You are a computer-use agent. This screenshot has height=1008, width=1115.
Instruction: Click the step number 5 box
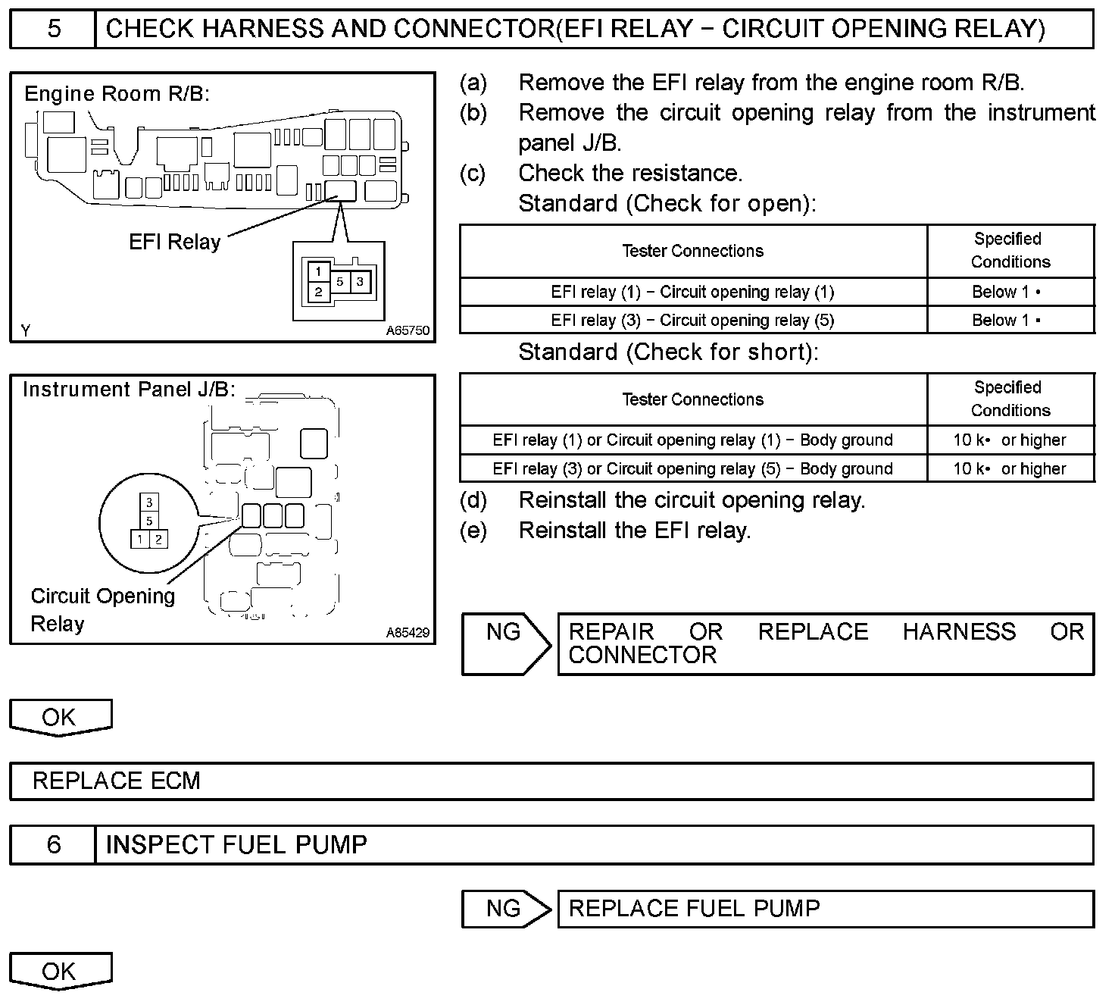[53, 29]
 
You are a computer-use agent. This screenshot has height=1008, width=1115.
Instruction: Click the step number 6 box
[53, 844]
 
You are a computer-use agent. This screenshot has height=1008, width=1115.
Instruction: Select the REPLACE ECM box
[551, 781]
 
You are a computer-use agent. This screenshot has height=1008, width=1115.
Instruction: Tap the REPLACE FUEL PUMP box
[826, 909]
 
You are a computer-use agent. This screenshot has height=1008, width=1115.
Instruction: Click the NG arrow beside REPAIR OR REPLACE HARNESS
[506, 643]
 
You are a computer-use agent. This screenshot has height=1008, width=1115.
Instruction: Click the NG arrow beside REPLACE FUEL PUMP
[506, 909]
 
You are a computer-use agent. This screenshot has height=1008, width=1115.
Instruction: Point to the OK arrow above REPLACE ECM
[60, 717]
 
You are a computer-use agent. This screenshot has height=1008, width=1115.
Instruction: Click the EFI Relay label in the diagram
[174, 243]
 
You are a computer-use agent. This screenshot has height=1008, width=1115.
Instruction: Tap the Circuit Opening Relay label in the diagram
[102, 609]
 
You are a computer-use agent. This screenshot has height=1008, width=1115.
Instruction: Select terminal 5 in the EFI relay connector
[340, 282]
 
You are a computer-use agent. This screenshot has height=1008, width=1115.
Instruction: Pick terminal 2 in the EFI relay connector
[319, 292]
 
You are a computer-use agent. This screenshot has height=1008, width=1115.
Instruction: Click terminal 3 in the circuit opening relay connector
[149, 502]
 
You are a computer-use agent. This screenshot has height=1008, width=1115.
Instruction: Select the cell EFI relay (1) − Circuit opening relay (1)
[692, 292]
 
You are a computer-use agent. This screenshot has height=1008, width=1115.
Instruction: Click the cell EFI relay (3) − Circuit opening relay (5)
[692, 320]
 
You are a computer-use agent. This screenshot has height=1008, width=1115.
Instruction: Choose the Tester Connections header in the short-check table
[692, 399]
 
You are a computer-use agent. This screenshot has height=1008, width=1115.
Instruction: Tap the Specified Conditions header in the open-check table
[1010, 251]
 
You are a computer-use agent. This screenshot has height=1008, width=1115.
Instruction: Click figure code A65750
[408, 331]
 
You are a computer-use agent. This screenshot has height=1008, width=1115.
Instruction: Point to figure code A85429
[408, 632]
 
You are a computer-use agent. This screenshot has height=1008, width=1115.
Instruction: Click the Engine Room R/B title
[117, 94]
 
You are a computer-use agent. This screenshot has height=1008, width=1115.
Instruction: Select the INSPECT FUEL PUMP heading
[236, 844]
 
